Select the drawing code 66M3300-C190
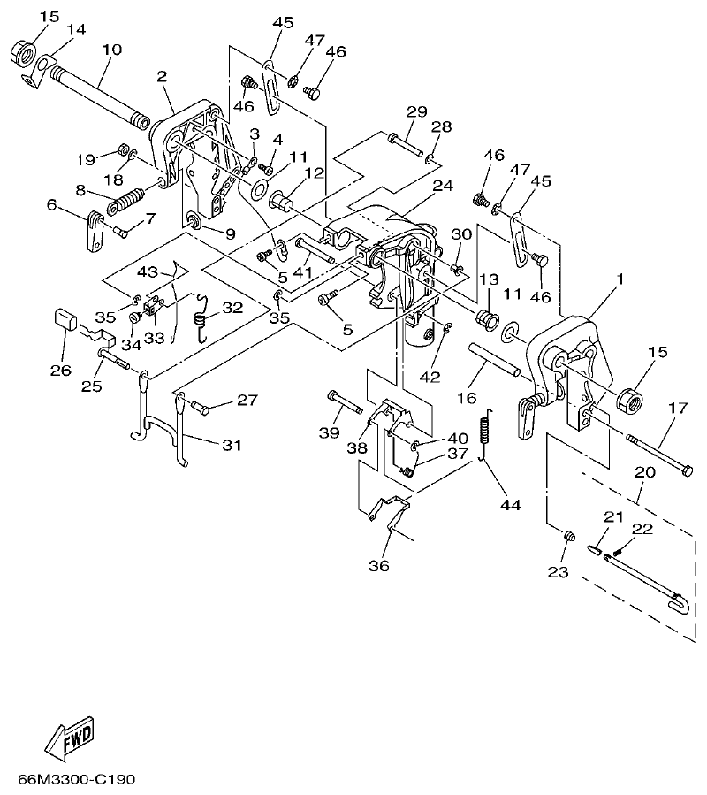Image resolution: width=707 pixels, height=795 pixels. coord(76,781)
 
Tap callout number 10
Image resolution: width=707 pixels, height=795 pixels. coord(111,50)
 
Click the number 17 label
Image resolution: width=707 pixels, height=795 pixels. coord(677,408)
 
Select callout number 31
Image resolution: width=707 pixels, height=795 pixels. coord(231,445)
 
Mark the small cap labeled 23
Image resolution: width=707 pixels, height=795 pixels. coord(570,535)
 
